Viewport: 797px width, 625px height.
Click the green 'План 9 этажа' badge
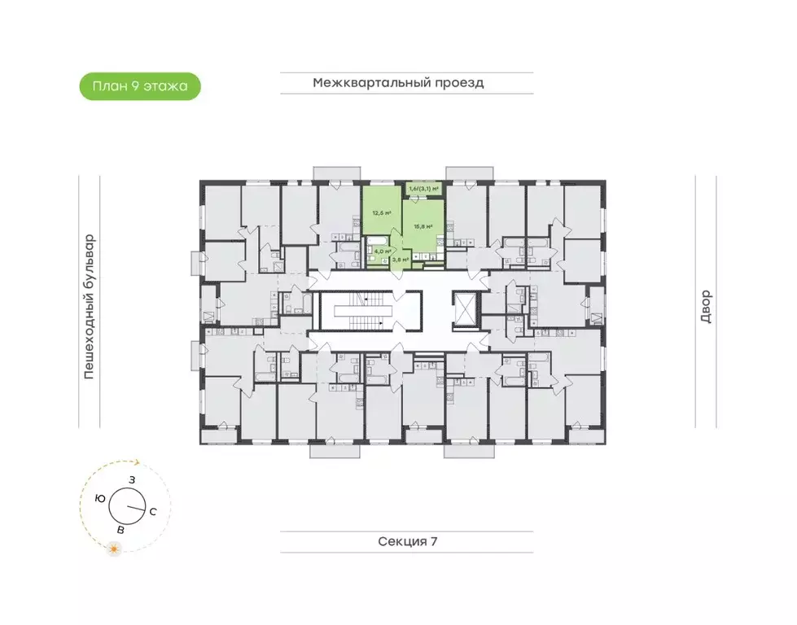point(139,85)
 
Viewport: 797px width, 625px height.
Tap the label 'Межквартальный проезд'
point(398,83)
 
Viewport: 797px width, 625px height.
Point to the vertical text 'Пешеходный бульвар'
point(90,307)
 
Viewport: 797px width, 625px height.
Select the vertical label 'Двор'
point(705,307)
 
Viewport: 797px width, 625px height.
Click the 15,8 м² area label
point(423,227)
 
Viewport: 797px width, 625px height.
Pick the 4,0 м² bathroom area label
point(379,252)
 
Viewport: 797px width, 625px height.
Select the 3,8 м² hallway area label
point(400,260)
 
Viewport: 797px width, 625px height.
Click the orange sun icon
point(115,551)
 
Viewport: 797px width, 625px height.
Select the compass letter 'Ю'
point(99,497)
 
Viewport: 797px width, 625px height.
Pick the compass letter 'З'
point(132,480)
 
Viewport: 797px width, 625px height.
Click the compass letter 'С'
point(152,511)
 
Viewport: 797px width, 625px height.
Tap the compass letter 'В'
point(121,531)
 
